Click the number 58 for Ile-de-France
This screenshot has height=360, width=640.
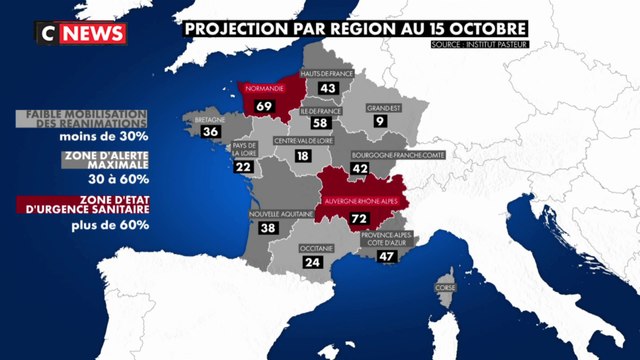point(321,122)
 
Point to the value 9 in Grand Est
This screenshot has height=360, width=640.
point(379,122)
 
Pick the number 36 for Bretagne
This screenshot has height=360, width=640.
point(211,131)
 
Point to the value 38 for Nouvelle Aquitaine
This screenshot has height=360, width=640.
point(267,228)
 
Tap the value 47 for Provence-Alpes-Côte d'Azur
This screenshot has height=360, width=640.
point(386,256)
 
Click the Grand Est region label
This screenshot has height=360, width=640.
point(383,107)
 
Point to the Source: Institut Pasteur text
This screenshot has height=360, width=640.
point(481,45)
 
